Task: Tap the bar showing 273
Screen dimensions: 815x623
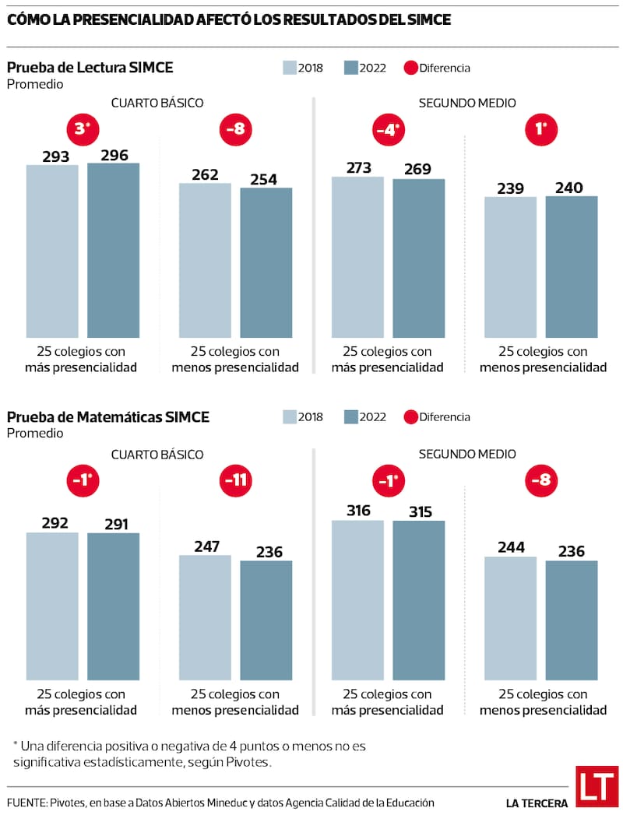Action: pyautogui.click(x=357, y=256)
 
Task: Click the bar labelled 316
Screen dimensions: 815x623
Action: pyautogui.click(x=357, y=599)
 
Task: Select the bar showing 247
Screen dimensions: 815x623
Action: pyautogui.click(x=205, y=617)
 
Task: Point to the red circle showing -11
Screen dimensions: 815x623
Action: pyautogui.click(x=235, y=480)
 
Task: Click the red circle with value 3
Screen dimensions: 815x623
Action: pyautogui.click(x=83, y=130)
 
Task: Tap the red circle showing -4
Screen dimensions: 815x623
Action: pyautogui.click(x=387, y=130)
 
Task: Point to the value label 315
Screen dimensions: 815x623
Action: pyautogui.click(x=418, y=511)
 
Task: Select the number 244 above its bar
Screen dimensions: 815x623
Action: pyautogui.click(x=510, y=547)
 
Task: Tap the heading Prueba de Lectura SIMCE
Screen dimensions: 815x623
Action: pyautogui.click(x=90, y=68)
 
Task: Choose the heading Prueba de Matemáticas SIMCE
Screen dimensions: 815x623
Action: pyautogui.click(x=107, y=417)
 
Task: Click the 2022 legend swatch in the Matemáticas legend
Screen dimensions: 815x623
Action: pyautogui.click(x=350, y=417)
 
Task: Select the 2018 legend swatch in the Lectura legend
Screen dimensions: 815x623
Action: pyautogui.click(x=289, y=68)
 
